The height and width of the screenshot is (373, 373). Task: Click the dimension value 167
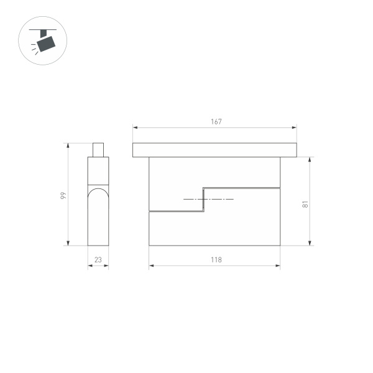click(x=216, y=122)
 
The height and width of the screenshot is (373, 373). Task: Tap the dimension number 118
click(x=216, y=260)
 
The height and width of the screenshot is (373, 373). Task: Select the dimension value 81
click(x=305, y=203)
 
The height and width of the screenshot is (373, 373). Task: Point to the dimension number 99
click(x=63, y=195)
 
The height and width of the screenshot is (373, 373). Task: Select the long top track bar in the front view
click(x=214, y=150)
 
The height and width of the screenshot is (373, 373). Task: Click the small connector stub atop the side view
click(x=98, y=150)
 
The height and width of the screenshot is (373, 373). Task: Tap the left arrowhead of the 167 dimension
click(x=134, y=128)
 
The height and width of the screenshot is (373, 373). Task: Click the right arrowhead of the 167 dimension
click(x=295, y=128)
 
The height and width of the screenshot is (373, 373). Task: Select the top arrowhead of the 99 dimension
click(x=68, y=145)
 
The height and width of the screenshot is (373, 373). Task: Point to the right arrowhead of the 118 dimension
click(x=278, y=267)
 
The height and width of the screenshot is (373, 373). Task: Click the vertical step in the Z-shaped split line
click(x=205, y=199)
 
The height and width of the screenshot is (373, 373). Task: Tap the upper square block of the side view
click(x=98, y=170)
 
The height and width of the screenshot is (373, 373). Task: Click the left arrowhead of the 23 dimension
click(x=90, y=267)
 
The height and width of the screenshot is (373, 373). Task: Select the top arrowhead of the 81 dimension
click(x=310, y=159)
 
